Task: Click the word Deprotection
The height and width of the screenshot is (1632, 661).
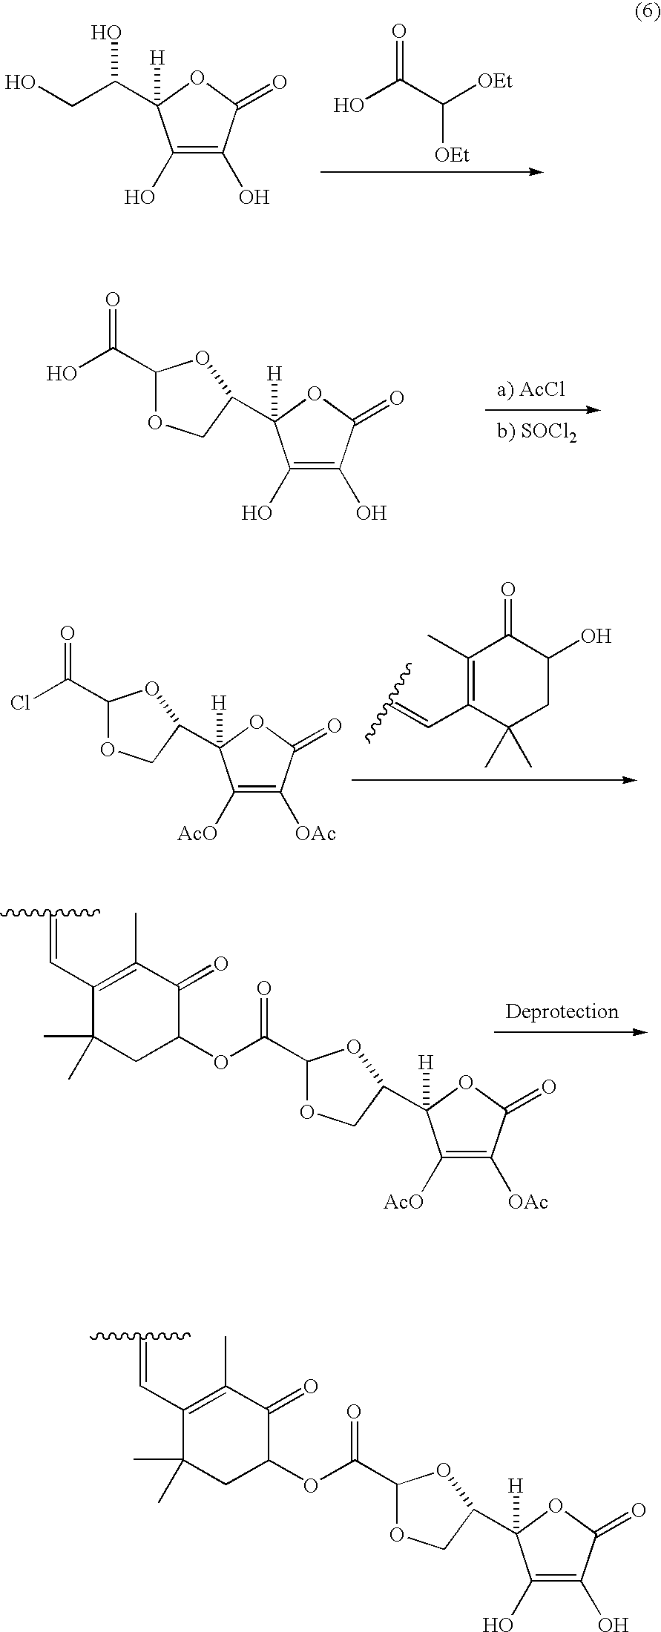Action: click(562, 1011)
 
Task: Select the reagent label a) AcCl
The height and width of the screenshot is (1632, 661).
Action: click(531, 390)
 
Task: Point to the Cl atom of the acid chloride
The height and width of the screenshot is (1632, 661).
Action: click(21, 702)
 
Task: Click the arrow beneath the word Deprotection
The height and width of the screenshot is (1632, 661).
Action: click(570, 1032)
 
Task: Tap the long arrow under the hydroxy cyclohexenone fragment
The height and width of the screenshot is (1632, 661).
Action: click(494, 780)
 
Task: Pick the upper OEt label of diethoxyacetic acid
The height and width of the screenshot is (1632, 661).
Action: click(495, 81)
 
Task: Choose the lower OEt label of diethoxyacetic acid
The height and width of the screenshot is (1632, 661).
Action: click(452, 154)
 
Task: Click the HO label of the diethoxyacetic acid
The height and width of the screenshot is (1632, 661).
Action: click(348, 105)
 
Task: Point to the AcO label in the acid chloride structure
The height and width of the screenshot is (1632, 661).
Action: click(197, 833)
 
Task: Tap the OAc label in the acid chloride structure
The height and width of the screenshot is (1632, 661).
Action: click(315, 833)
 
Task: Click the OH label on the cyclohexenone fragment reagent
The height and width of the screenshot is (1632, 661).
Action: click(596, 635)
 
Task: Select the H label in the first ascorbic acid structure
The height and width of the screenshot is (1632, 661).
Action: click(157, 58)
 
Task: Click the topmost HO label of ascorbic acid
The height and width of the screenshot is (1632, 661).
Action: click(106, 33)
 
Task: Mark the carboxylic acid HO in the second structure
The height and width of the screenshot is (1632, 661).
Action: click(62, 372)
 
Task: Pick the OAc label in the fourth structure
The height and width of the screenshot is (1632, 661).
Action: click(527, 1201)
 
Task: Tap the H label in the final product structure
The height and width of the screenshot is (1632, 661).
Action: click(516, 1484)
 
